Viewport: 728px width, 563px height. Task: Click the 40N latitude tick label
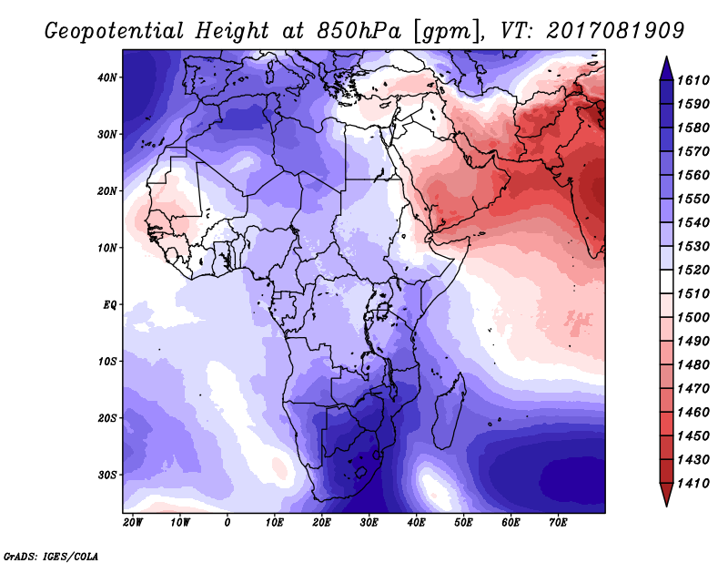click(106, 77)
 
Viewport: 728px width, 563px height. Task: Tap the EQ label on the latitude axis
click(110, 305)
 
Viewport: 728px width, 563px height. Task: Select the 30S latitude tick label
click(106, 476)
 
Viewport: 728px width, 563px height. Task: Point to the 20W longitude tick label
click(133, 523)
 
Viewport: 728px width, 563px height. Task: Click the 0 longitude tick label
click(227, 523)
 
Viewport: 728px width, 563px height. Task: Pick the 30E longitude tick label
click(369, 523)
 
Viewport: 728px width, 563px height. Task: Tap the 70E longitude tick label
click(558, 523)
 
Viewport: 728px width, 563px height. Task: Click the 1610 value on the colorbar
click(693, 80)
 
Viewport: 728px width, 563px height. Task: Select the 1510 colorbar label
click(693, 294)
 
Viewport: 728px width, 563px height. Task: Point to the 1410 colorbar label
click(693, 484)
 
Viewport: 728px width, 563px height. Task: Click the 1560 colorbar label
click(693, 175)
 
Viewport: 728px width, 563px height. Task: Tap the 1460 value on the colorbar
click(693, 413)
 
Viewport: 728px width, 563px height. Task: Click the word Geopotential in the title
click(115, 32)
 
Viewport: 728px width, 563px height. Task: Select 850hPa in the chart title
click(359, 31)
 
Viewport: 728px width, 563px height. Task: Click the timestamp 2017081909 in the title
click(615, 31)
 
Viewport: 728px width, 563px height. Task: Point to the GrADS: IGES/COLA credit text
click(51, 557)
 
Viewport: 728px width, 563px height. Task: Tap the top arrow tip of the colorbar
click(666, 57)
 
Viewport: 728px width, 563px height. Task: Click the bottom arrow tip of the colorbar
click(666, 507)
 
